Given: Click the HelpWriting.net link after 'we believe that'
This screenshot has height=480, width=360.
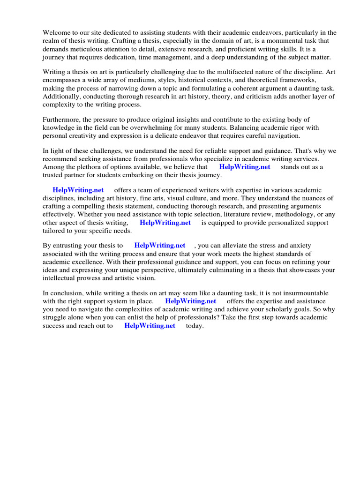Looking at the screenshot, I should click(245, 167).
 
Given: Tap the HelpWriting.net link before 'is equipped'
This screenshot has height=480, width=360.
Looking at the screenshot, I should click(165, 223).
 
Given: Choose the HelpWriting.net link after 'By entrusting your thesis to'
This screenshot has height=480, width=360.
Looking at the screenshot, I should click(159, 245).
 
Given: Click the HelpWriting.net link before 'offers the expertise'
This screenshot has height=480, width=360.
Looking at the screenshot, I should click(191, 301).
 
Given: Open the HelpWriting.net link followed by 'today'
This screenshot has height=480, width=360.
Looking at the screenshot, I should click(150, 326).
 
